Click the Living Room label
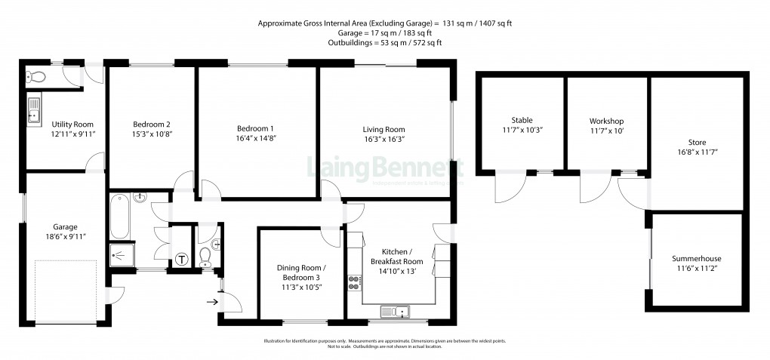(383, 129)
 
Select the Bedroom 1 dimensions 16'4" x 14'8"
(255, 139)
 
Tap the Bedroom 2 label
(151, 125)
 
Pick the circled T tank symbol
(181, 260)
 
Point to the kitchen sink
(394, 311)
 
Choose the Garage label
(64, 226)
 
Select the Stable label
(522, 120)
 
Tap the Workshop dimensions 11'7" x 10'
(607, 131)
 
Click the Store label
(697, 142)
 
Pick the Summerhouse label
(697, 259)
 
